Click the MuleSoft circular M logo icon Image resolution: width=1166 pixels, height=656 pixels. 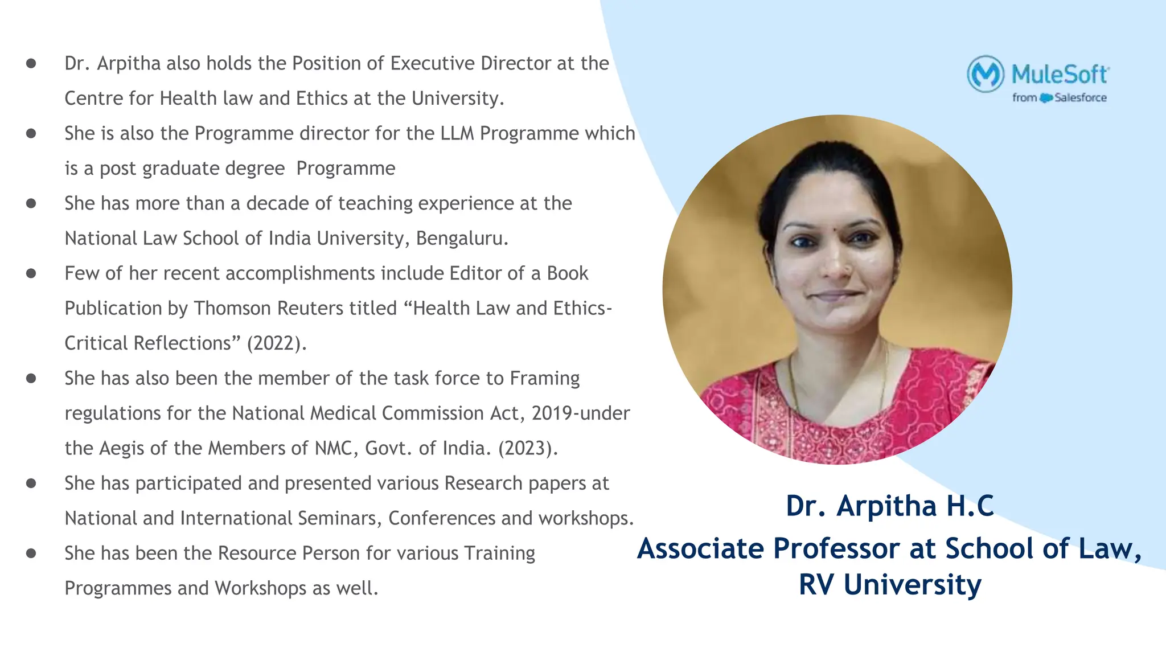click(x=986, y=74)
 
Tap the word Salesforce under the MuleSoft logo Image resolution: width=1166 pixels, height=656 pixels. click(x=1080, y=98)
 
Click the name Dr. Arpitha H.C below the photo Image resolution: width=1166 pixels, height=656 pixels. click(x=890, y=506)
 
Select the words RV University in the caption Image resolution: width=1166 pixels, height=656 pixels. click(x=890, y=585)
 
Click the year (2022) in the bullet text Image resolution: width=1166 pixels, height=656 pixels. click(x=276, y=343)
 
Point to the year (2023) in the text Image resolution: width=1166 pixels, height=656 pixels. click(x=527, y=448)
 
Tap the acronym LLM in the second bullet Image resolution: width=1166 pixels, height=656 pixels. click(x=457, y=133)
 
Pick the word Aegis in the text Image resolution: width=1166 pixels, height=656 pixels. click(x=121, y=449)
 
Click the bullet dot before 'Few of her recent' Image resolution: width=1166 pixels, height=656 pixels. click(x=31, y=273)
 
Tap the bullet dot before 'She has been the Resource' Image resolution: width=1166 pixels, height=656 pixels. click(x=31, y=553)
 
